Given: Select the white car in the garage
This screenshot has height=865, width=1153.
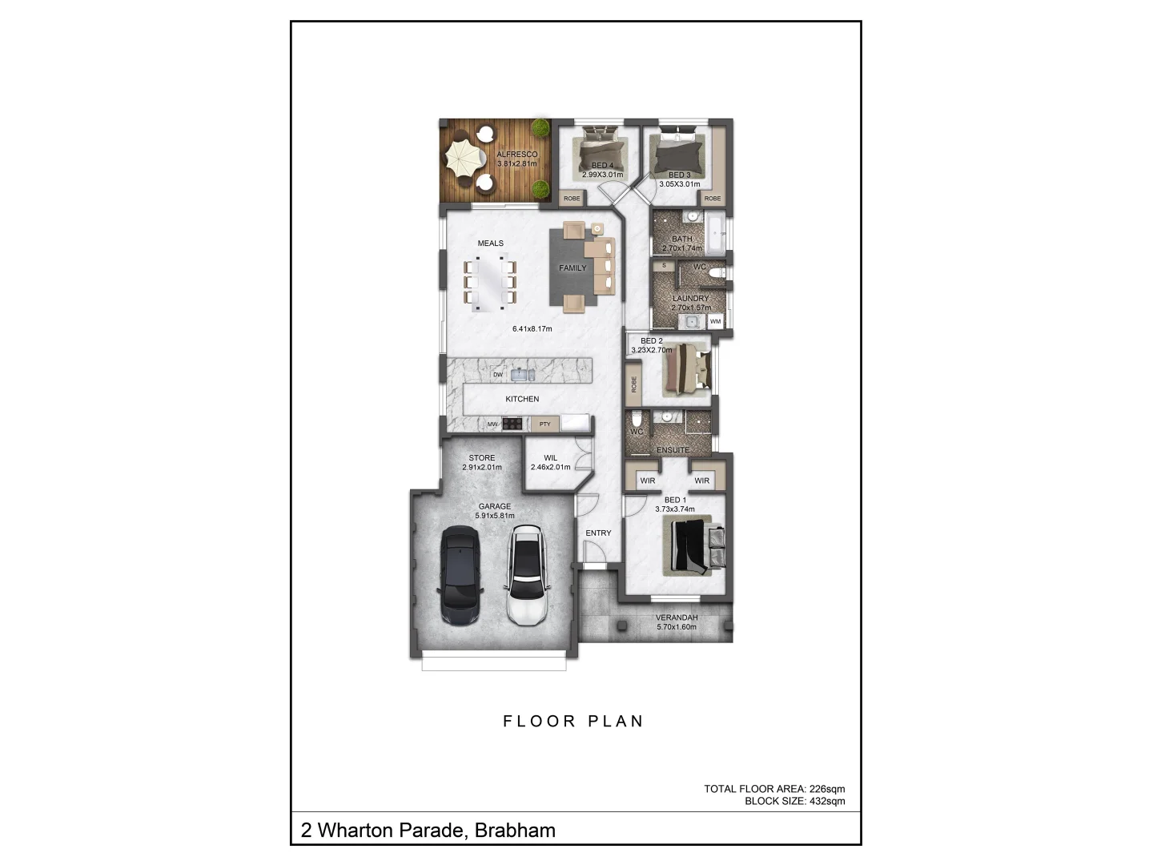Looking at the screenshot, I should click(526, 575).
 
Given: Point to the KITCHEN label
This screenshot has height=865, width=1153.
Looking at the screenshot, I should click(522, 399).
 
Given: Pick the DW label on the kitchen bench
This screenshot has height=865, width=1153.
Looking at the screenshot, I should click(497, 375).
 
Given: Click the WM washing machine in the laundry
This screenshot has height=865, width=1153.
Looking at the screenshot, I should click(715, 322).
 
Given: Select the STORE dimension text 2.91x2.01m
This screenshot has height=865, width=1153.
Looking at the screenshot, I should click(482, 468).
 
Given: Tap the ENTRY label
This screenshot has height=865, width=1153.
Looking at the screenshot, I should click(598, 533).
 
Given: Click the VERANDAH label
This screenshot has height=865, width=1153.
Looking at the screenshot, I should click(677, 618).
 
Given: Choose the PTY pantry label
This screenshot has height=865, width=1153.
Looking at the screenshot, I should click(544, 424).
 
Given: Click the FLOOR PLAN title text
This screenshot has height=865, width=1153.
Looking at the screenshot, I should click(573, 722).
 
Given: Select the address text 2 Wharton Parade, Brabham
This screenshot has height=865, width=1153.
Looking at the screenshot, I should click(428, 831).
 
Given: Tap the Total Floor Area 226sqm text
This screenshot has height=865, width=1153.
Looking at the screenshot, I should click(774, 789).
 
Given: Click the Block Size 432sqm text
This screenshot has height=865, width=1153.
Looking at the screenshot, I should click(794, 801).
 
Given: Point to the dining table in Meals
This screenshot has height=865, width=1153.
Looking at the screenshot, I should click(490, 282).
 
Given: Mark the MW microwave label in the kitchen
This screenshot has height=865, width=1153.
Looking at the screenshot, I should click(492, 424).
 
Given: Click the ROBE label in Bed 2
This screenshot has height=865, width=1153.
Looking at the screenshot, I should click(633, 384).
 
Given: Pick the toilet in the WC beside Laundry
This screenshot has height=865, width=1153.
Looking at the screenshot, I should click(718, 274).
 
